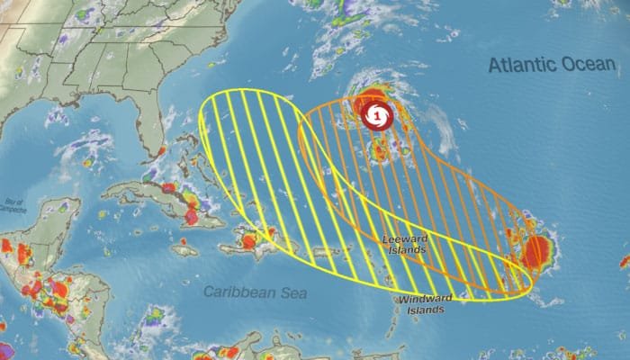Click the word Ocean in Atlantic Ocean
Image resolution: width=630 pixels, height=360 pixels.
[585, 65]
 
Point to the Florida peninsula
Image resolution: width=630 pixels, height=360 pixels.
[148, 126]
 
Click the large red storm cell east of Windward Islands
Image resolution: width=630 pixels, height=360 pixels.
[537, 253]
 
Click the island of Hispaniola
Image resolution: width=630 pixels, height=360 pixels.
[261, 236]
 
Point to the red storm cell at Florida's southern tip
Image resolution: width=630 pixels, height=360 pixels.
[161, 151]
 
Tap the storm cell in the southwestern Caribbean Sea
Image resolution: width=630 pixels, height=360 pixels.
[156, 316]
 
